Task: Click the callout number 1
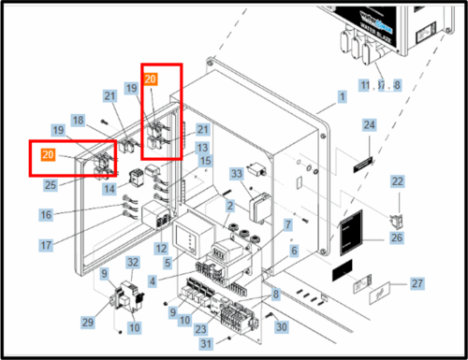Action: pos(343,96)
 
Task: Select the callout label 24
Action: pos(369,125)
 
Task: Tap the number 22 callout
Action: pos(397,181)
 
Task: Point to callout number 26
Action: pos(398,238)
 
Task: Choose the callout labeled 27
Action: pos(417,283)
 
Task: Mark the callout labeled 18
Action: pos(78,121)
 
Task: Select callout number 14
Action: pos(110,189)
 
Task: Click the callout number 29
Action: pos(87,321)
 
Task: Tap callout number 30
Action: pos(282,326)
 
